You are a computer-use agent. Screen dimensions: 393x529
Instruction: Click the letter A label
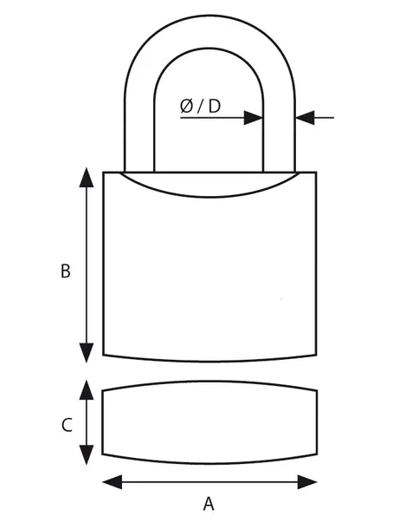[209, 504]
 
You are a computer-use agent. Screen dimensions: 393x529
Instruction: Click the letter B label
[66, 271]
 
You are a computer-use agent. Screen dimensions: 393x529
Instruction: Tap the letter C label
[67, 425]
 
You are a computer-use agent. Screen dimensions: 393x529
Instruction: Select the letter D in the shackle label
[215, 106]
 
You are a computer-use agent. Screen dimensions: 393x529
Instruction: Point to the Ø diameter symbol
[187, 106]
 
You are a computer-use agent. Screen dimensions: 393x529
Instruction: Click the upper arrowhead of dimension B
[87, 178]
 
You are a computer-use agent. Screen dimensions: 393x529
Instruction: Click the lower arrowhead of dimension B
[87, 353]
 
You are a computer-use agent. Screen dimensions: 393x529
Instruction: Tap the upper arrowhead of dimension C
[87, 390]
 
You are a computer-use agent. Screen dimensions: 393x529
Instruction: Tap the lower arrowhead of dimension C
[87, 454]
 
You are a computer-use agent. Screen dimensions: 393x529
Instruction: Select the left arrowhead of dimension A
[113, 482]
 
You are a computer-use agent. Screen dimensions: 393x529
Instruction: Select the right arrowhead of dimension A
[307, 482]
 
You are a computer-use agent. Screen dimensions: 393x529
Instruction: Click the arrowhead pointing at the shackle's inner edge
[254, 118]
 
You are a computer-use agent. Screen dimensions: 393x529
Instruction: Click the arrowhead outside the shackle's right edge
[305, 118]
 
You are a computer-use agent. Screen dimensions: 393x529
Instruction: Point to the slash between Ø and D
[201, 107]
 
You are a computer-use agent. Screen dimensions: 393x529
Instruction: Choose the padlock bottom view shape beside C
[209, 422]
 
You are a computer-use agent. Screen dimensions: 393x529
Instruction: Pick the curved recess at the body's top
[209, 196]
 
